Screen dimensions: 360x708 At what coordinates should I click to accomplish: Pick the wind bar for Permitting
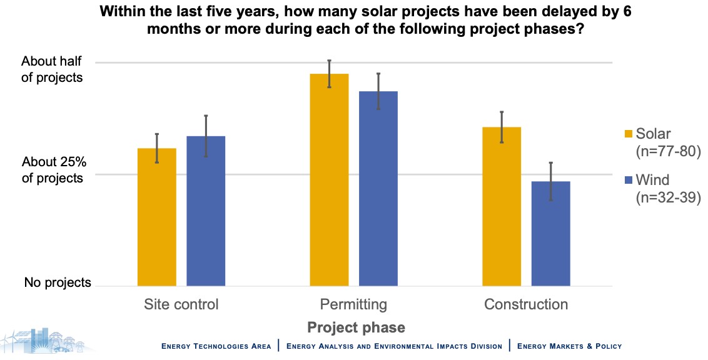378,188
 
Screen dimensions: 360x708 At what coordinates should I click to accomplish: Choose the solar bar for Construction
502,206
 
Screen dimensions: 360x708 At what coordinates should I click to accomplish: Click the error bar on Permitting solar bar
329,74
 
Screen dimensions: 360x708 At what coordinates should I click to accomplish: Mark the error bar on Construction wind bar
550,181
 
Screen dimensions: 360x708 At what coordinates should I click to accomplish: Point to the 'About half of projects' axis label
52,69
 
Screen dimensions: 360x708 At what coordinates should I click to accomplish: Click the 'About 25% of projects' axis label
53,170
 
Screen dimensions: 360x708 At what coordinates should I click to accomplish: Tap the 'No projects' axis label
58,282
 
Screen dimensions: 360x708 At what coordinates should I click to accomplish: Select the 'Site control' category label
181,304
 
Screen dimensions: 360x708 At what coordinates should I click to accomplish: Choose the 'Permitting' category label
353,304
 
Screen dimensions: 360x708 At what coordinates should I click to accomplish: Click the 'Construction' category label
526,304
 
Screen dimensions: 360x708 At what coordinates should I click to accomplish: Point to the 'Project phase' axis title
356,327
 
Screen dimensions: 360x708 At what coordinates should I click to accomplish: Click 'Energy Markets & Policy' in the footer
569,346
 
